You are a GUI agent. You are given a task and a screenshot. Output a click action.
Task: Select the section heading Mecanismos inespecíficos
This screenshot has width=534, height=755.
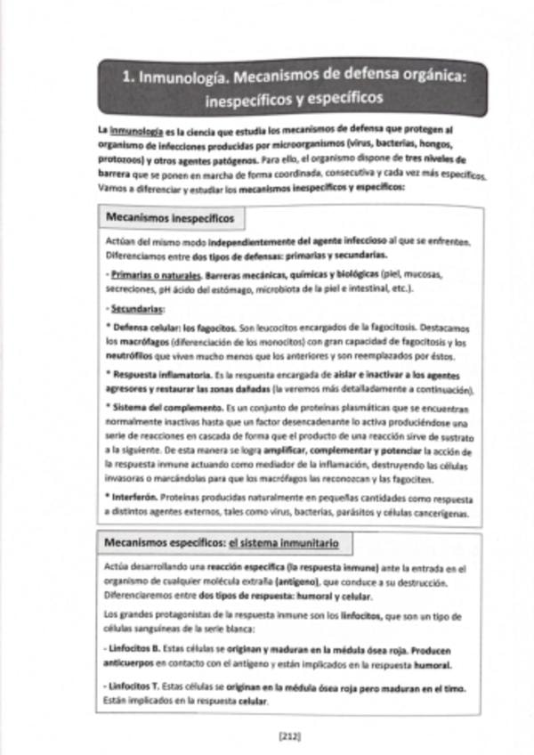[170, 217]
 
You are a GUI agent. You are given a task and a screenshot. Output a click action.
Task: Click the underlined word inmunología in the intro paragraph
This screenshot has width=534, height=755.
[136, 130]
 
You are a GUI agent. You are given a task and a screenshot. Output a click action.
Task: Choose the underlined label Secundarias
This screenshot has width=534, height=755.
[138, 309]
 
